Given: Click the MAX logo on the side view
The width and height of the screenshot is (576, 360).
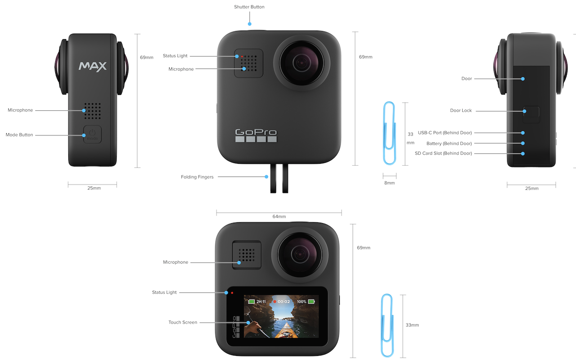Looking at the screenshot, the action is pyautogui.click(x=93, y=66).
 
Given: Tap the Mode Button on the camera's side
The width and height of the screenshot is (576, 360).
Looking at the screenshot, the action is pyautogui.click(x=92, y=135).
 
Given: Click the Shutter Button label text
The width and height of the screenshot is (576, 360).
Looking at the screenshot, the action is pyautogui.click(x=249, y=7).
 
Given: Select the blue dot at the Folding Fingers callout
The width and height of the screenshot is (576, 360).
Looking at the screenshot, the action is pyautogui.click(x=266, y=177).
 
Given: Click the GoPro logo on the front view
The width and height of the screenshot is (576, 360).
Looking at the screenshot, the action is pyautogui.click(x=256, y=135).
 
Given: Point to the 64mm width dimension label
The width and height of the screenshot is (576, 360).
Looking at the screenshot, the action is pyautogui.click(x=279, y=216).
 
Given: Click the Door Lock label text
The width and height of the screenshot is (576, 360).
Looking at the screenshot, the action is pyautogui.click(x=461, y=111).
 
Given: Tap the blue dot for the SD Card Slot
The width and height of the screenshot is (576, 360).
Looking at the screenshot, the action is pyautogui.click(x=523, y=153).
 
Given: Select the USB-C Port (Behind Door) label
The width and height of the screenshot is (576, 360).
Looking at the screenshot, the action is pyautogui.click(x=445, y=133).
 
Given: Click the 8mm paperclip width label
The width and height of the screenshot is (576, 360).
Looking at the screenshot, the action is pyautogui.click(x=389, y=183).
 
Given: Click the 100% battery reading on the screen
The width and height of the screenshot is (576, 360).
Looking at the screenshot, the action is pyautogui.click(x=301, y=301).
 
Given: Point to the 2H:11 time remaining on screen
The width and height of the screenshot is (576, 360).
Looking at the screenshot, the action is pyautogui.click(x=261, y=301).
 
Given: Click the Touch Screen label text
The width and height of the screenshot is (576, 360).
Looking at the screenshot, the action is pyautogui.click(x=183, y=323).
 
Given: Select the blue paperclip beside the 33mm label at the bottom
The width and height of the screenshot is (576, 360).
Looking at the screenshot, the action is pyautogui.click(x=387, y=325).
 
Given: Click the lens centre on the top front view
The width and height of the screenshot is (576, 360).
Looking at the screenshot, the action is pyautogui.click(x=301, y=63).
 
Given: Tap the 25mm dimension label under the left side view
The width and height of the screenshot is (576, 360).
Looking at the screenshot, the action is pyautogui.click(x=94, y=188).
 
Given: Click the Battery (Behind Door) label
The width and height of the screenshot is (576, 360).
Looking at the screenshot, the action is pyautogui.click(x=449, y=144).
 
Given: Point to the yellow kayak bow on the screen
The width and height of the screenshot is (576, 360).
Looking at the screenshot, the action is pyautogui.click(x=286, y=331).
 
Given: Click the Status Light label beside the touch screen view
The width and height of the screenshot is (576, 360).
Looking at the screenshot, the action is pyautogui.click(x=164, y=292).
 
